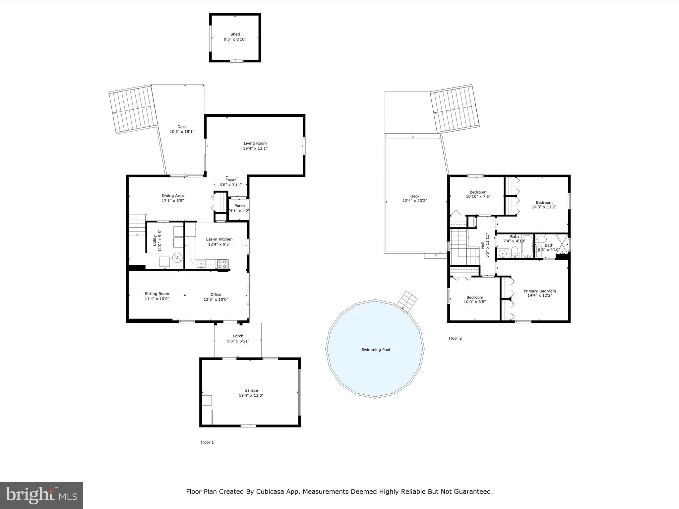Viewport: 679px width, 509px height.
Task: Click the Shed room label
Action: pos(235,34)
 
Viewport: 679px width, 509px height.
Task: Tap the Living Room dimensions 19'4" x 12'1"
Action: pos(255,148)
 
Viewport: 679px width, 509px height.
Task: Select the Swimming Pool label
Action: pos(375,350)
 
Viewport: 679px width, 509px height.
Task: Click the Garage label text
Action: pos(251,390)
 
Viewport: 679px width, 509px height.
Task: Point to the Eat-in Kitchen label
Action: pos(219,239)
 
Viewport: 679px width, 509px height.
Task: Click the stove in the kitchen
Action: pos(222,264)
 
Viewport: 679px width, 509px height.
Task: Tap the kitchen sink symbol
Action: pos(201,264)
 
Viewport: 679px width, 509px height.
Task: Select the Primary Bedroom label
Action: pos(539,291)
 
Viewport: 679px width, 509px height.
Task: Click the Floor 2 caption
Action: pos(455,338)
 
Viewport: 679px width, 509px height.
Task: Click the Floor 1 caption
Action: pos(207,442)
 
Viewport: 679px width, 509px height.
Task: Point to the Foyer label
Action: pos(230,180)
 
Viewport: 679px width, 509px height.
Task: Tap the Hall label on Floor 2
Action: pos(483,245)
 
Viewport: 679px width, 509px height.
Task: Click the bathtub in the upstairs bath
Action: pos(527,247)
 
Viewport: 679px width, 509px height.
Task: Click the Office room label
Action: pos(216,294)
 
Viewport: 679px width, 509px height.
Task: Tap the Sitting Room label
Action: pos(157,294)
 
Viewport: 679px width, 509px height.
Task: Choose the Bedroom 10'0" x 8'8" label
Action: pos(474,297)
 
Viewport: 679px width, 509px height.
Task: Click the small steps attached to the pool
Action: pos(407,301)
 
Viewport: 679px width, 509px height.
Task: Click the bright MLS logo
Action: pos(41,495)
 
